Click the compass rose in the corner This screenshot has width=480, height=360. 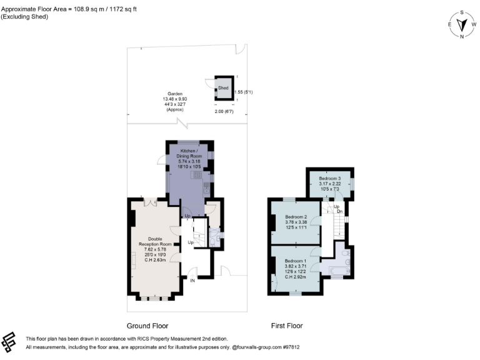coord(462,25)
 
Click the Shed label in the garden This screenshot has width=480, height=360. coord(222,88)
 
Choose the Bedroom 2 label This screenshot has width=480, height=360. coord(296,221)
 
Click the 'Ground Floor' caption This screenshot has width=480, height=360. coord(147,326)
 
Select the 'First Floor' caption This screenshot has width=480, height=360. coord(287,326)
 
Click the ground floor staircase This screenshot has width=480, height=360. coord(199,235)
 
